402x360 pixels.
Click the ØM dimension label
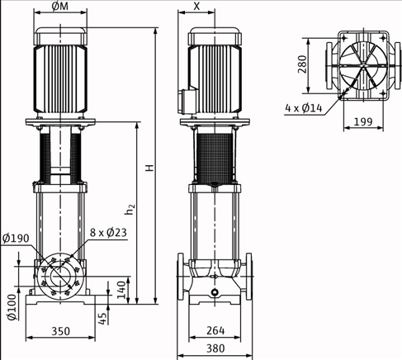click(x=60, y=7)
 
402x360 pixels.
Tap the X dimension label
click(x=196, y=7)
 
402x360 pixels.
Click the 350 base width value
click(x=60, y=333)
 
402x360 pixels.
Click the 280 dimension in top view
click(x=303, y=64)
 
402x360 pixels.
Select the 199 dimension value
click(x=362, y=122)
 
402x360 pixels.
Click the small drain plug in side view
click(x=215, y=293)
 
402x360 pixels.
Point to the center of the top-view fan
click(x=361, y=64)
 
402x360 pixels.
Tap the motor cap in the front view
click(x=61, y=36)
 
